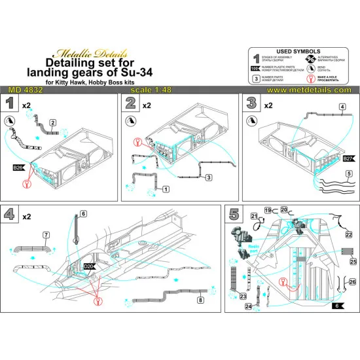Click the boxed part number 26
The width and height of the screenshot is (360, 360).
[x=353, y=282]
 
